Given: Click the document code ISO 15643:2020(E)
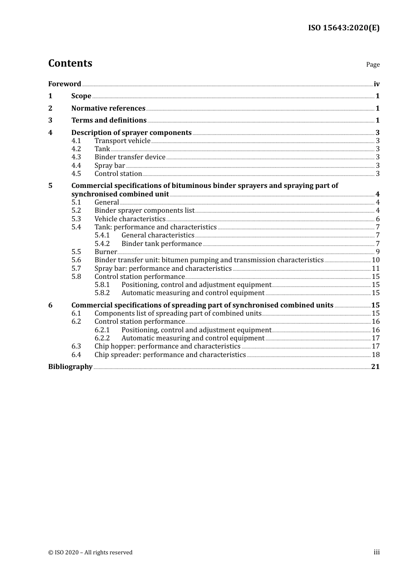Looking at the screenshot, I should point(344,28).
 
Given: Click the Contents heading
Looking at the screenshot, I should point(70,63).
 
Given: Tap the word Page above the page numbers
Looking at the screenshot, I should point(373,64).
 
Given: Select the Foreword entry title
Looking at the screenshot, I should point(64,84).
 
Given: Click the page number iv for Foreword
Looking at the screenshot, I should point(376,84).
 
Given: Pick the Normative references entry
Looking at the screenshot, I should point(108,108).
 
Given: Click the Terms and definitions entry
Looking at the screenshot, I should point(109,120).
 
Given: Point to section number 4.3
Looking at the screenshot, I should point(76,157).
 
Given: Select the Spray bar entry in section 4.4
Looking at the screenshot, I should point(110,166).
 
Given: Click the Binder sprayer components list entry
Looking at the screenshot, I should point(144,211).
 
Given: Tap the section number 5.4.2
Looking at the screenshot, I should point(102,244).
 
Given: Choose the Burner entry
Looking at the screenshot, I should point(105,252).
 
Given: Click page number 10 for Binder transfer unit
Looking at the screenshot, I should point(376,260).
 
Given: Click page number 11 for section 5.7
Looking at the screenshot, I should point(376,269).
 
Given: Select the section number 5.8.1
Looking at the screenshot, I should point(102,285).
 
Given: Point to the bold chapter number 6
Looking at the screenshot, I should point(50,305).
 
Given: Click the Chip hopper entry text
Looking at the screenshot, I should point(167,346).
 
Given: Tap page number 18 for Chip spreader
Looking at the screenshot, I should point(376,355).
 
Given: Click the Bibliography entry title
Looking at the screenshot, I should point(70,367).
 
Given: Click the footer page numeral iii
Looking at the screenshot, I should point(376,552).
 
